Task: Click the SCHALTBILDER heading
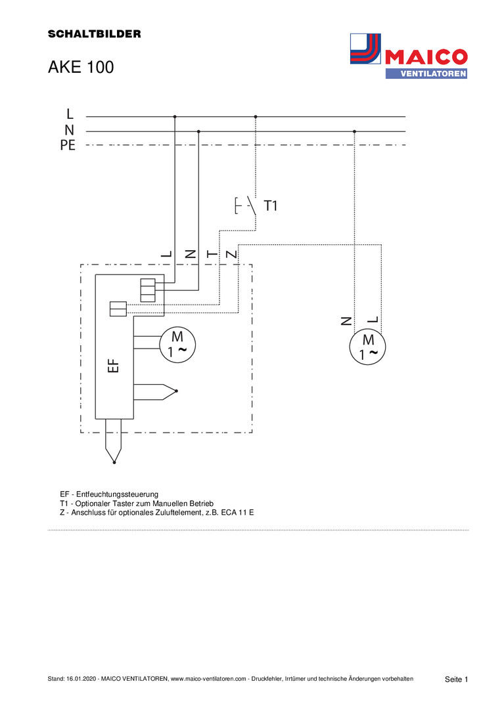tap(94, 33)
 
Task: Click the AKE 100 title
tap(81, 67)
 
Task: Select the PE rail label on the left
tap(68, 145)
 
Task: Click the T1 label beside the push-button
tap(271, 206)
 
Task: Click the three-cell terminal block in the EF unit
tap(148, 290)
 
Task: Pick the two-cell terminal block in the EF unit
tap(118, 308)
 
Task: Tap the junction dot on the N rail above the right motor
tap(355, 131)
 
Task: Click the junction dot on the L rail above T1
tap(256, 117)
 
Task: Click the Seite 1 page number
tap(456, 679)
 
